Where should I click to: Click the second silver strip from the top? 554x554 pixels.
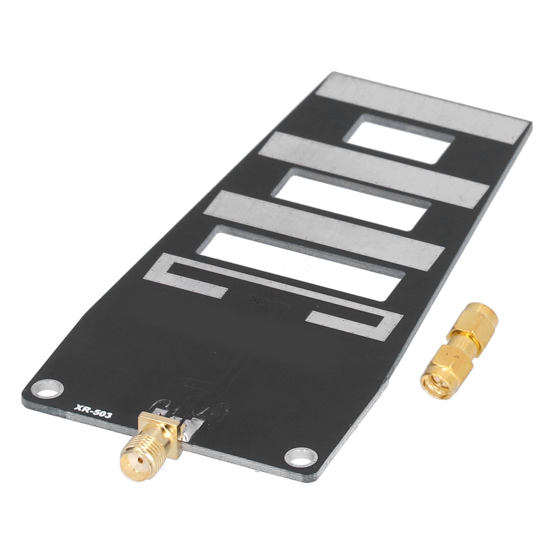click(x=374, y=166)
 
